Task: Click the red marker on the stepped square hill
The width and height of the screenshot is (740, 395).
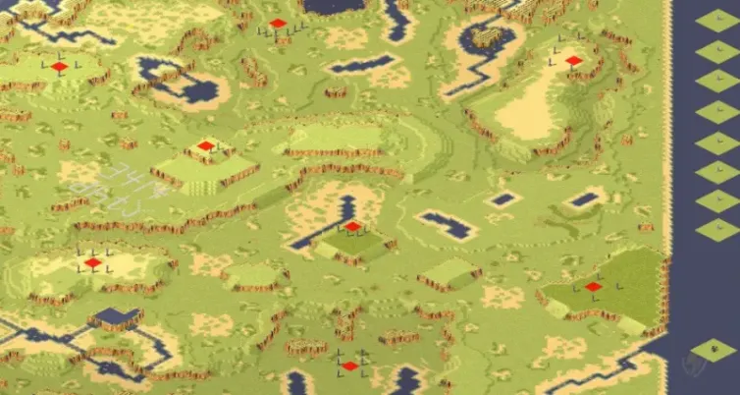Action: point(205,146)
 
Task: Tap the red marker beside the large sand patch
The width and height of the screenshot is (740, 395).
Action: point(574,61)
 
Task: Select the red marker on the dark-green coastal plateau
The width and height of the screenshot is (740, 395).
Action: point(593,287)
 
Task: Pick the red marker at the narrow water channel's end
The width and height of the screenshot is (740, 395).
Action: point(352,227)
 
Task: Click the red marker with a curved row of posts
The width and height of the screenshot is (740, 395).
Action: point(278,24)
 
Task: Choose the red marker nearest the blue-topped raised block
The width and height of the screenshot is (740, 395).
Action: point(92,263)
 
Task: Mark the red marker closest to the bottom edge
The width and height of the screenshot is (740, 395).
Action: point(350,366)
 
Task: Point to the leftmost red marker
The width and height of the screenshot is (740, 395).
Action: point(59,67)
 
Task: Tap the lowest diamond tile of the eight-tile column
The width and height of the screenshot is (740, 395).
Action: point(717,230)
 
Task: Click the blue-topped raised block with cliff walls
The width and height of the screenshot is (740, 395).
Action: point(117,316)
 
